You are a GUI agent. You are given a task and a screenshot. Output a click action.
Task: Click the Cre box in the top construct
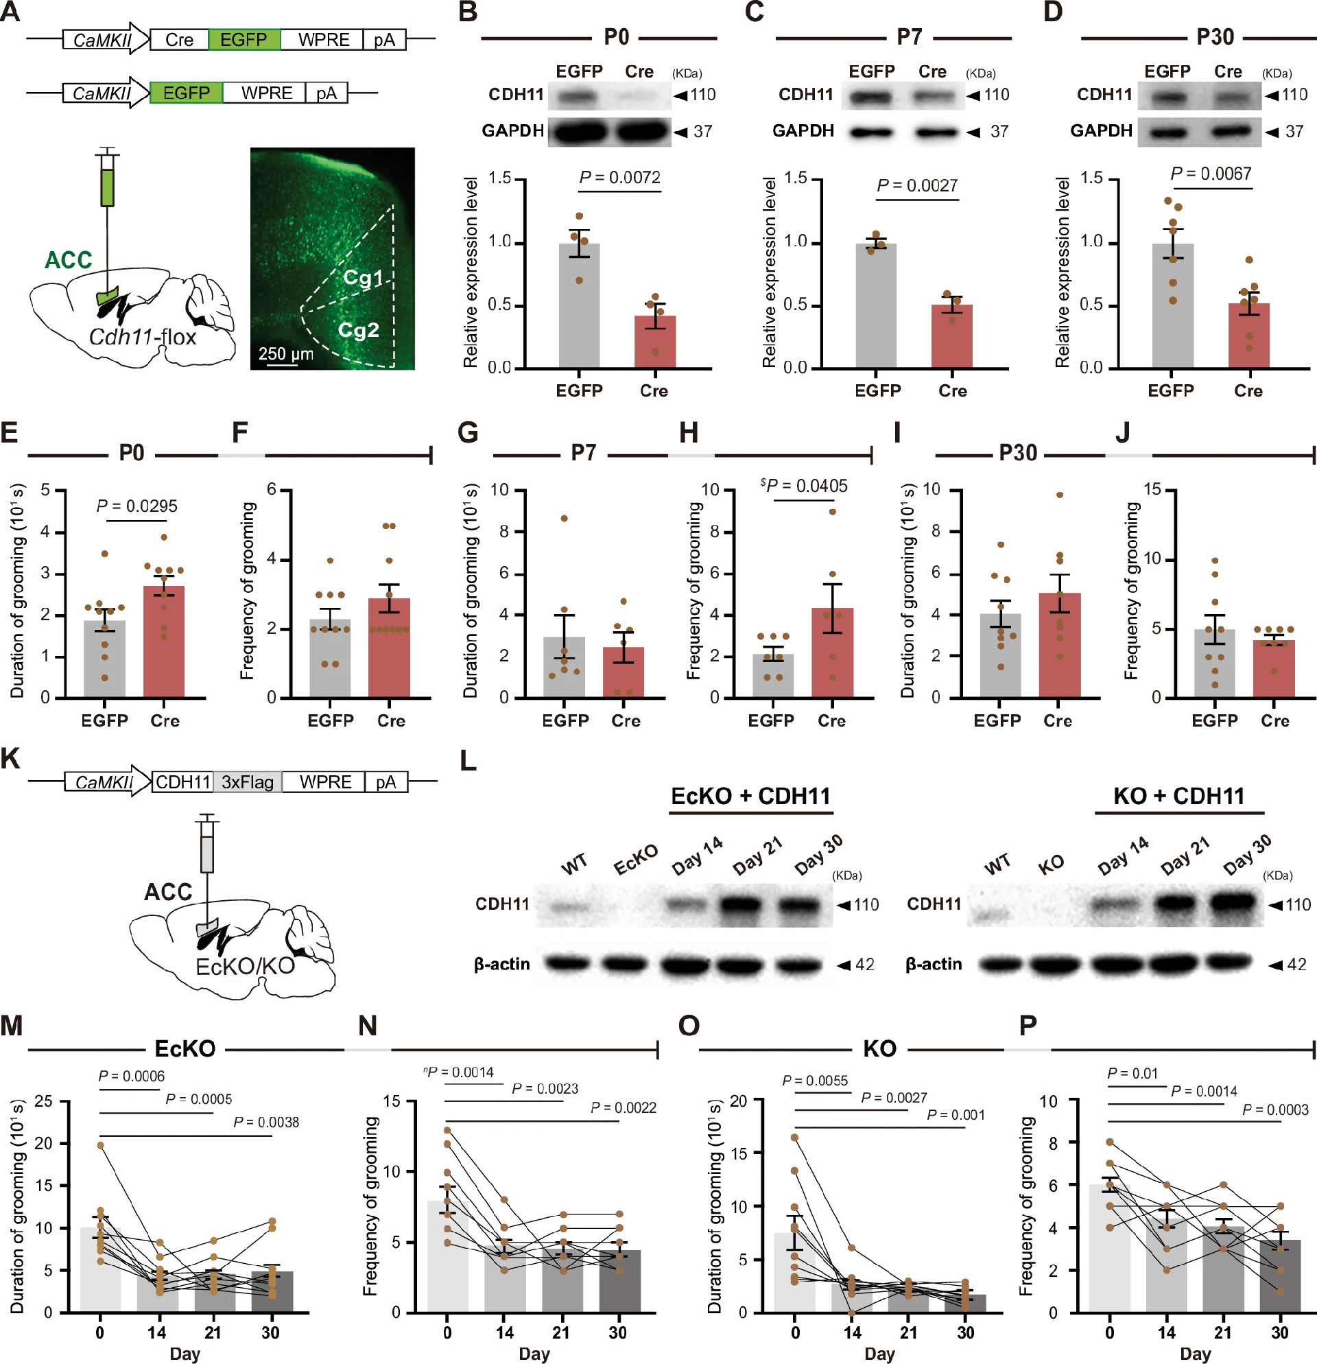pyautogui.click(x=179, y=40)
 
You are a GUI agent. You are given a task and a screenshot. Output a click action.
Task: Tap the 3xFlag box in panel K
pyautogui.click(x=247, y=782)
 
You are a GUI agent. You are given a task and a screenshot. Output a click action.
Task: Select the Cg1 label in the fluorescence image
pyautogui.click(x=362, y=279)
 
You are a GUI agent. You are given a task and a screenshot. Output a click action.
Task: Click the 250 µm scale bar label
pyautogui.click(x=285, y=353)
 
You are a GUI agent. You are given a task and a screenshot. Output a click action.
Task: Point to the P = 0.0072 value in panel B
pyautogui.click(x=619, y=178)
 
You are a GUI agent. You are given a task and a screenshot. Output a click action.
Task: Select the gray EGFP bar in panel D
pyautogui.click(x=1172, y=305)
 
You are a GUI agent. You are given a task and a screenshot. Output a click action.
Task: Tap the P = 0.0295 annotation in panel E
pyautogui.click(x=137, y=506)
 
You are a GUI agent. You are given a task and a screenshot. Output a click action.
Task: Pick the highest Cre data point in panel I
pyautogui.click(x=1059, y=495)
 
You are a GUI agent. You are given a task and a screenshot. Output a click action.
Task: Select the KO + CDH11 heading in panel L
pyautogui.click(x=1178, y=795)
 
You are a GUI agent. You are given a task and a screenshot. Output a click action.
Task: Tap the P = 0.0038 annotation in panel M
pyautogui.click(x=265, y=1122)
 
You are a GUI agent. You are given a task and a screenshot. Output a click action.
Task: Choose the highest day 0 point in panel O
pyautogui.click(x=794, y=1137)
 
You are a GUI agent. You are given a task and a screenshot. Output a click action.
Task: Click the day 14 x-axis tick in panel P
pyautogui.click(x=1167, y=1332)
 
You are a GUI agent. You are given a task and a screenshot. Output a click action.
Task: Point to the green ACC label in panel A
pyautogui.click(x=68, y=259)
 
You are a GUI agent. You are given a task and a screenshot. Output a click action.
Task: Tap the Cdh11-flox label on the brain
pyautogui.click(x=143, y=337)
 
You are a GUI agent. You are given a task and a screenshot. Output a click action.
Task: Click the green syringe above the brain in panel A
pyautogui.click(x=107, y=187)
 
